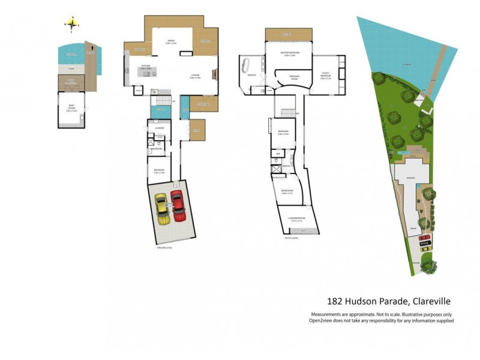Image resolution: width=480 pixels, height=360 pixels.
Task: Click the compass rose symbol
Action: point(72,24)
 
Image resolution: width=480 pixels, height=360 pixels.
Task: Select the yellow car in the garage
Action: point(162,209)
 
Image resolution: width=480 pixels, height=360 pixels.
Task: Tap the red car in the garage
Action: point(178,206)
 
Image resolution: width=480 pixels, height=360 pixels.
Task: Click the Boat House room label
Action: point(71,109)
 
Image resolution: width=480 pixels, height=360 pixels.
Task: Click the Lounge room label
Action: point(194,76)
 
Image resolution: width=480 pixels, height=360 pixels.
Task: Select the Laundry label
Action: point(160,127)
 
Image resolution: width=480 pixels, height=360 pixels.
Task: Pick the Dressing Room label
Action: point(294,78)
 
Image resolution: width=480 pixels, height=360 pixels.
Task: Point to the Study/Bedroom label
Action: point(325,76)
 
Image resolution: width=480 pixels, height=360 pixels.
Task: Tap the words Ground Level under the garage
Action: point(164,247)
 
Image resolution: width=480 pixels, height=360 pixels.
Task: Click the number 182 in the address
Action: point(335,301)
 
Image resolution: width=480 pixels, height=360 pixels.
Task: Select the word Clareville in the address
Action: point(430,301)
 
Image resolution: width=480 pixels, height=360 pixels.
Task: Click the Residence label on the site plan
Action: point(412,178)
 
